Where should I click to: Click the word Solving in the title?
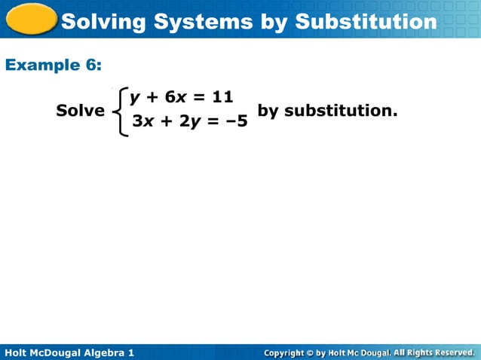(x=101, y=22)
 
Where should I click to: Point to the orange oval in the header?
(x=30, y=19)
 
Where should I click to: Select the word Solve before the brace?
(x=81, y=111)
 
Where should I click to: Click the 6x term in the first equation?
(x=175, y=96)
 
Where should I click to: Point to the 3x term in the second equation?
(x=141, y=121)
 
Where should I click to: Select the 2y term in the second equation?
(x=189, y=121)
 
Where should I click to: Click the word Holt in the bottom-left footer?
(x=17, y=352)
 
